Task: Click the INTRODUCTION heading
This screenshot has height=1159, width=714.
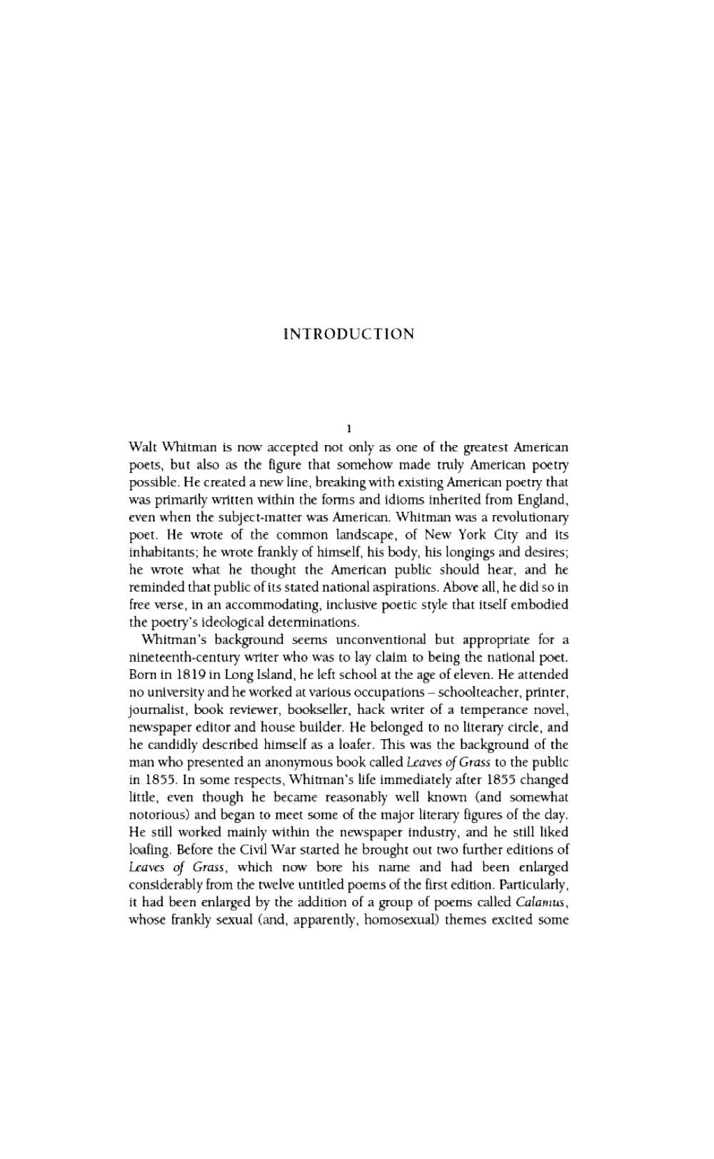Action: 348,334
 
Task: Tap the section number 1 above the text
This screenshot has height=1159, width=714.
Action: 348,429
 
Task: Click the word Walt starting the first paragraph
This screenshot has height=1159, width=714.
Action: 143,447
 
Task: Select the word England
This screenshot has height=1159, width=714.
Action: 544,499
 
